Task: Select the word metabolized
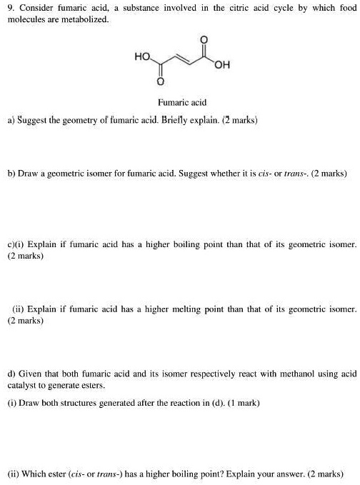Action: pos(87,19)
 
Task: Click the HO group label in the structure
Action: pos(141,54)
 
